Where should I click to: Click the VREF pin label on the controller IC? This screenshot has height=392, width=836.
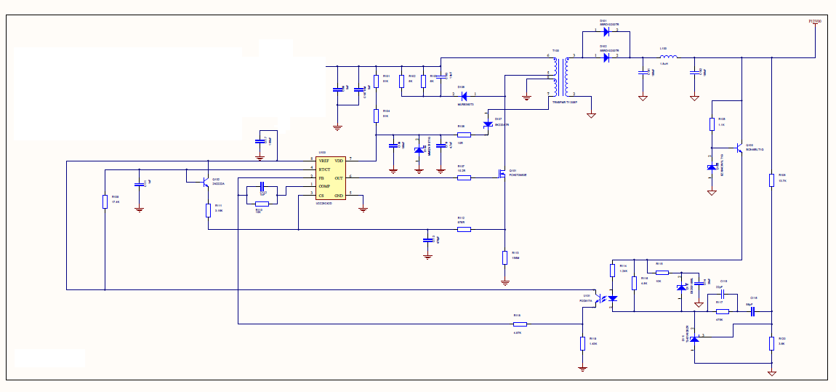323,159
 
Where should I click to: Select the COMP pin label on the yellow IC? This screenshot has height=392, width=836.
324,186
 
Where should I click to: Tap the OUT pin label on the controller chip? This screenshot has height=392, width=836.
339,177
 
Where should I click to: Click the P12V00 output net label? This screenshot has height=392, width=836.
815,22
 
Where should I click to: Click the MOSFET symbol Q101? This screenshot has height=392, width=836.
502,175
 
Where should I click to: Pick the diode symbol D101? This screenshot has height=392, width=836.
606,32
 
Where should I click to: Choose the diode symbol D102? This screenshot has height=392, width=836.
606,56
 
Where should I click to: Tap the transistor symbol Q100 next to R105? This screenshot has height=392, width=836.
738,148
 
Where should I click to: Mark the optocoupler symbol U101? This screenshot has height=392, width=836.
606,298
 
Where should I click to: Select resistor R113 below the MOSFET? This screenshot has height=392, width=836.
505,257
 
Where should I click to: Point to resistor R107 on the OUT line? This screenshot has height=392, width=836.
464,177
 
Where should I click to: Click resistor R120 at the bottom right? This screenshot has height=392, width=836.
771,343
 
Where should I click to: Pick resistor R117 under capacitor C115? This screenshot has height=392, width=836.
722,311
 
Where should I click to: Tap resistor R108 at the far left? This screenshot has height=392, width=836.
105,201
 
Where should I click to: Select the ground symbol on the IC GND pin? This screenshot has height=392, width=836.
363,209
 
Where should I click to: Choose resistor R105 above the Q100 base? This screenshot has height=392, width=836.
712,124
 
